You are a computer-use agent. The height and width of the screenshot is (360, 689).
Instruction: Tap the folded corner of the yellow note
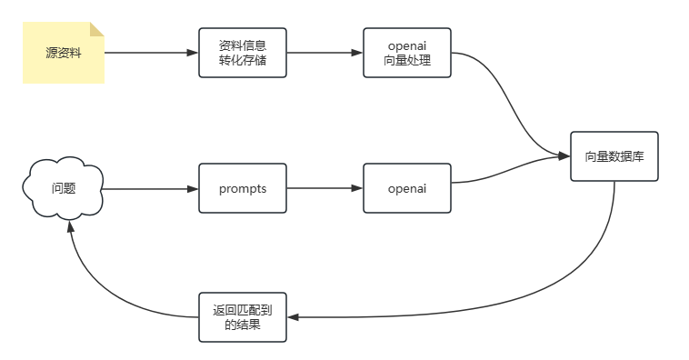[96, 29]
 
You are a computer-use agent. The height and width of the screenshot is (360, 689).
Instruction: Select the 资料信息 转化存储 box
[242, 53]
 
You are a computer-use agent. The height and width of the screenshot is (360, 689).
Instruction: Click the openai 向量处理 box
[406, 53]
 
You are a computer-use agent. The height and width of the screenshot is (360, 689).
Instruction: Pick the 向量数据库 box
[614, 156]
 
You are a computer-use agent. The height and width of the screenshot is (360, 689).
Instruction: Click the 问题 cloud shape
[63, 188]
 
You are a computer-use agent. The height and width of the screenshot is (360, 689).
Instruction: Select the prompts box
[242, 188]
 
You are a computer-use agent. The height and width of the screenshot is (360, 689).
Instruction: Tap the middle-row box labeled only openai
[406, 188]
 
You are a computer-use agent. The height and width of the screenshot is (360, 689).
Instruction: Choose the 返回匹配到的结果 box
[242, 317]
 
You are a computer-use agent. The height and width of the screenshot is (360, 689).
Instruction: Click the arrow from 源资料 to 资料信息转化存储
[150, 53]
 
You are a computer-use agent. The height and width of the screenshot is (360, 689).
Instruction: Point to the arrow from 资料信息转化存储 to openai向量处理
[324, 53]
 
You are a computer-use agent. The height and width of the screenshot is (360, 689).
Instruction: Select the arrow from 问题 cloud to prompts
[150, 188]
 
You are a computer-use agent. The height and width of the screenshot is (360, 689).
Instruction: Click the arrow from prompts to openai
[324, 188]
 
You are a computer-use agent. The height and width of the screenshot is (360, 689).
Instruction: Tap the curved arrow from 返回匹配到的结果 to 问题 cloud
[109, 291]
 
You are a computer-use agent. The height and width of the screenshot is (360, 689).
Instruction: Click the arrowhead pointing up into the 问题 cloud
[69, 227]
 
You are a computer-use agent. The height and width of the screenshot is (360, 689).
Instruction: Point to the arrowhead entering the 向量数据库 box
[564, 156]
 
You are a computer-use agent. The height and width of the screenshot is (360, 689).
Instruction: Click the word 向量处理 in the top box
[406, 61]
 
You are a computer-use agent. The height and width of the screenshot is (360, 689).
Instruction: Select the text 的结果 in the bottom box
[242, 325]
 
